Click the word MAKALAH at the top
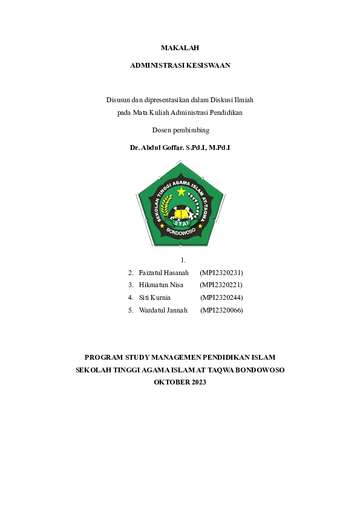click(180, 47)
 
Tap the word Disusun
click(119, 99)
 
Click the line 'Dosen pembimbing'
click(180, 129)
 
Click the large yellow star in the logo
click(181, 192)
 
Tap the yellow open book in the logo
click(180, 213)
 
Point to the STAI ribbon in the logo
click(180, 223)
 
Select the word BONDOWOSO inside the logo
click(180, 232)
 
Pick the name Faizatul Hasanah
click(164, 273)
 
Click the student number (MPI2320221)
click(221, 285)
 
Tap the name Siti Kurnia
click(155, 297)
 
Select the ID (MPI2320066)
click(221, 310)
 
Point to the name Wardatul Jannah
click(163, 310)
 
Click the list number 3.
click(130, 285)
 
